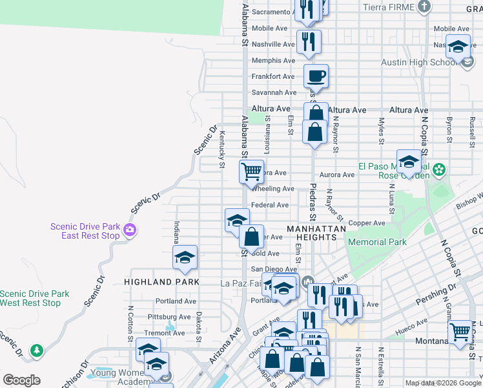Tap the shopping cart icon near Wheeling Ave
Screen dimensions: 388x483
click(251, 172)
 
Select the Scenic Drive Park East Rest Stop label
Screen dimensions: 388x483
click(85, 231)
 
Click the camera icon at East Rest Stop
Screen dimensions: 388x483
click(130, 230)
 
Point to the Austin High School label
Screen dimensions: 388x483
click(419, 62)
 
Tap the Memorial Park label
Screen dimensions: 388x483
click(377, 242)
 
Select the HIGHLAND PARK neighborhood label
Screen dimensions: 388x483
click(162, 282)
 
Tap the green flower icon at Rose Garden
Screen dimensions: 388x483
click(440, 170)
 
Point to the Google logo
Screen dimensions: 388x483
click(22, 380)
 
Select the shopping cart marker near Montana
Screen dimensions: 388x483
click(460, 332)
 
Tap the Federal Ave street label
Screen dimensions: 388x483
click(269, 205)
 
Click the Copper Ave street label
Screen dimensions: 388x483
click(366, 223)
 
